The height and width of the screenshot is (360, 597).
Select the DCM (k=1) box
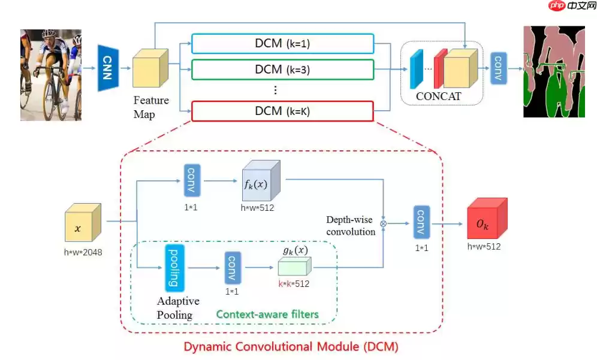coord(282,44)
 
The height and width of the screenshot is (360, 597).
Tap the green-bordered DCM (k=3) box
coord(282,69)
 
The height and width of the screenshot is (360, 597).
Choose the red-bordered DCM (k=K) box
coord(282,111)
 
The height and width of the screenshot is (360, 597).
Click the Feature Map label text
coord(150,107)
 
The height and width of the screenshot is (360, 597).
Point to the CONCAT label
coord(439,96)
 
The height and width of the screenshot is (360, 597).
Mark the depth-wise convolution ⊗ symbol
coord(383,224)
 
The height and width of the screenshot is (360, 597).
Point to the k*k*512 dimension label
coord(294,284)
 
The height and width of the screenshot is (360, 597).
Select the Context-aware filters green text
coord(267,314)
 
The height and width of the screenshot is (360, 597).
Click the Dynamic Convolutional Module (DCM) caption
coord(291,346)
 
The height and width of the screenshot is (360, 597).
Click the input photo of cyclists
coord(51,75)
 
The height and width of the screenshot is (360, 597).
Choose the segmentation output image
coord(553,71)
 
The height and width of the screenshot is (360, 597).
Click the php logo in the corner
coord(557,6)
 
